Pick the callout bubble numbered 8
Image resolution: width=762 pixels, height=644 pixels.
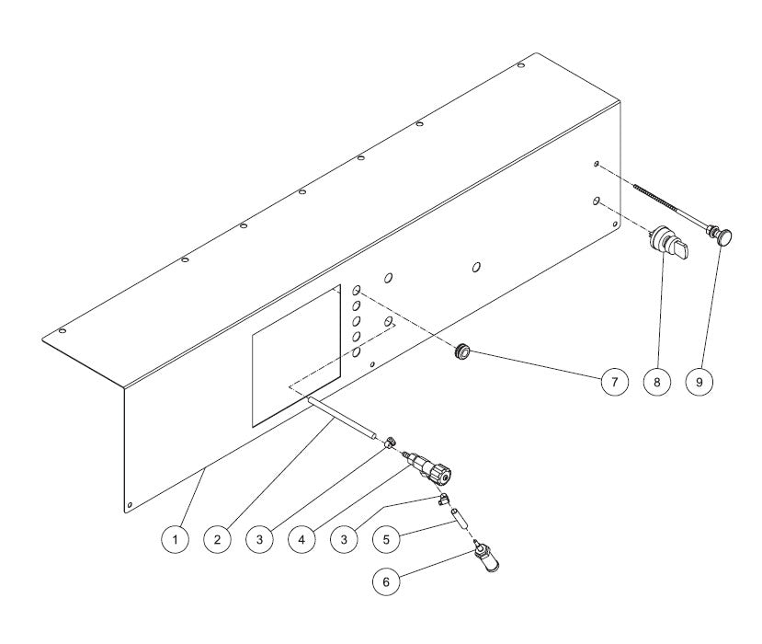(x=656, y=381)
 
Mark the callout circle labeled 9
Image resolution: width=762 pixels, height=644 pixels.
(x=700, y=381)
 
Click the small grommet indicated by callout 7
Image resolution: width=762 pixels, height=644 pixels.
(x=461, y=350)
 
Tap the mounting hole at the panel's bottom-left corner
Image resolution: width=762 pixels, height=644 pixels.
(x=130, y=502)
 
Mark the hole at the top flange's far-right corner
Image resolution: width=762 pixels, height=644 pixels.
(x=521, y=65)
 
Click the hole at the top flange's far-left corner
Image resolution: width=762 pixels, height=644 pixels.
(x=62, y=330)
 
